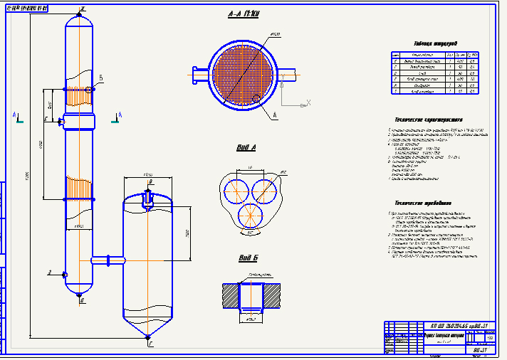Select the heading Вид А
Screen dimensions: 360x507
(x=246, y=148)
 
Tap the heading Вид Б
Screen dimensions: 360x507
(x=246, y=258)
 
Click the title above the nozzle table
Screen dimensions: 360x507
(x=435, y=43)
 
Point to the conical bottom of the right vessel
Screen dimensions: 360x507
(x=148, y=328)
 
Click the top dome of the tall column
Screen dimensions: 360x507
(x=80, y=21)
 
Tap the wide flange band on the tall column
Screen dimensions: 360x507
(x=78, y=120)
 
